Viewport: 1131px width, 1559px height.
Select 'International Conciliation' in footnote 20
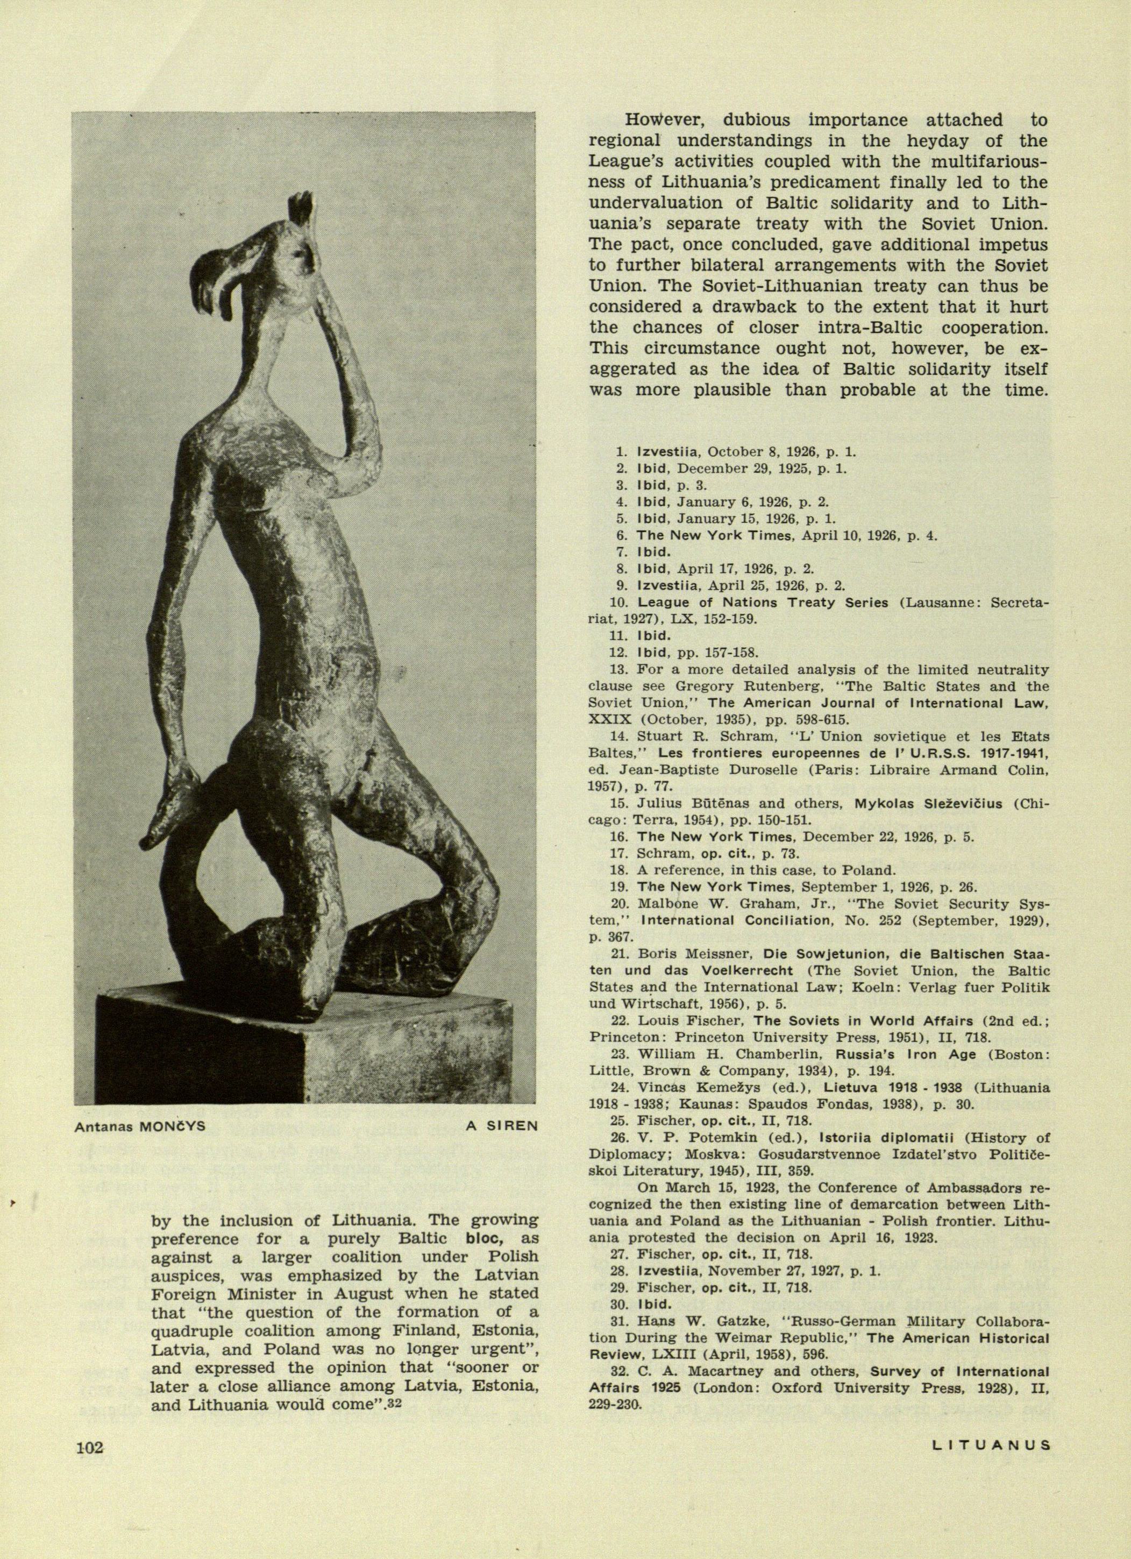722,920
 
